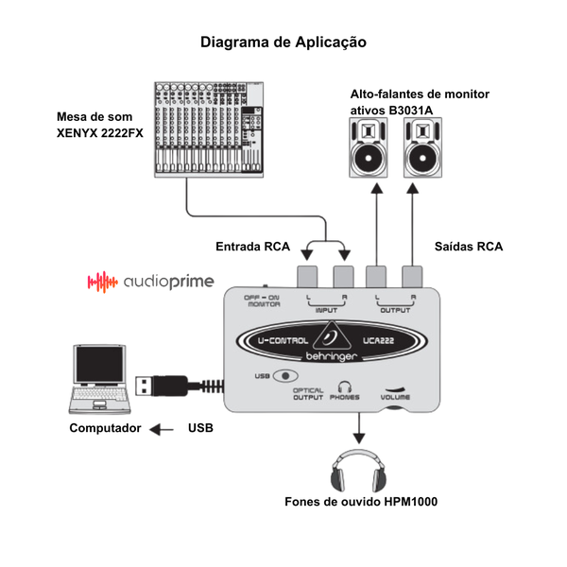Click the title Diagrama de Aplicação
[283, 43]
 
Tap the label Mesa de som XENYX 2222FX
[100, 125]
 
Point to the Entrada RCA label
[252, 247]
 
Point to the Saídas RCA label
[469, 247]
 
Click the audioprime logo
[151, 282]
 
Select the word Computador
[105, 428]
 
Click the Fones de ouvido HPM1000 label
[361, 502]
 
